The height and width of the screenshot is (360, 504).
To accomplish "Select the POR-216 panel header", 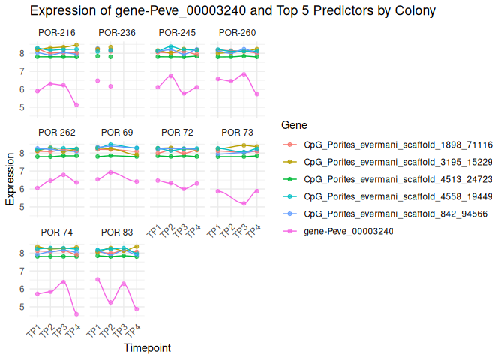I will [56, 34].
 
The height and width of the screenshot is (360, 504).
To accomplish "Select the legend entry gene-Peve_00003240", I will [348, 231].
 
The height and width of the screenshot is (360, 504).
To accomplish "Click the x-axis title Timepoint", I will [146, 348].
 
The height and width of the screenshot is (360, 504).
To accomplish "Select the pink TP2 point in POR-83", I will [110, 302].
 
